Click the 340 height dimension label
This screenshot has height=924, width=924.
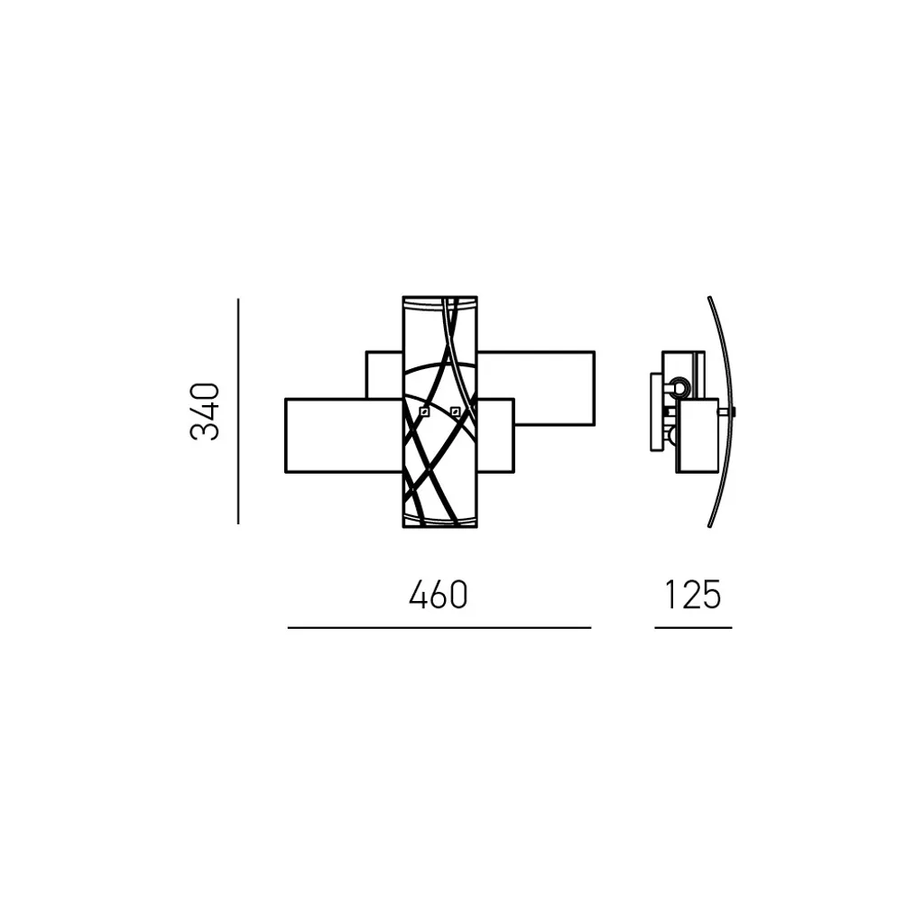pos(205,411)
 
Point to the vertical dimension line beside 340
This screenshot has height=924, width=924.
pos(238,411)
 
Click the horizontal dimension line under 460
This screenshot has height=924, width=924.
pos(439,628)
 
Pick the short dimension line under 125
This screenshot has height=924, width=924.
pos(693,628)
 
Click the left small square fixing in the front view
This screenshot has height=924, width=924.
pos(424,411)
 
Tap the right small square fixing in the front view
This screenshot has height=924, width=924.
pos(455,411)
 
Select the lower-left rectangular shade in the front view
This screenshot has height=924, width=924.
pos(344,436)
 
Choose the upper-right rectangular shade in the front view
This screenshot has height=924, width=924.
pos(536,388)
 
